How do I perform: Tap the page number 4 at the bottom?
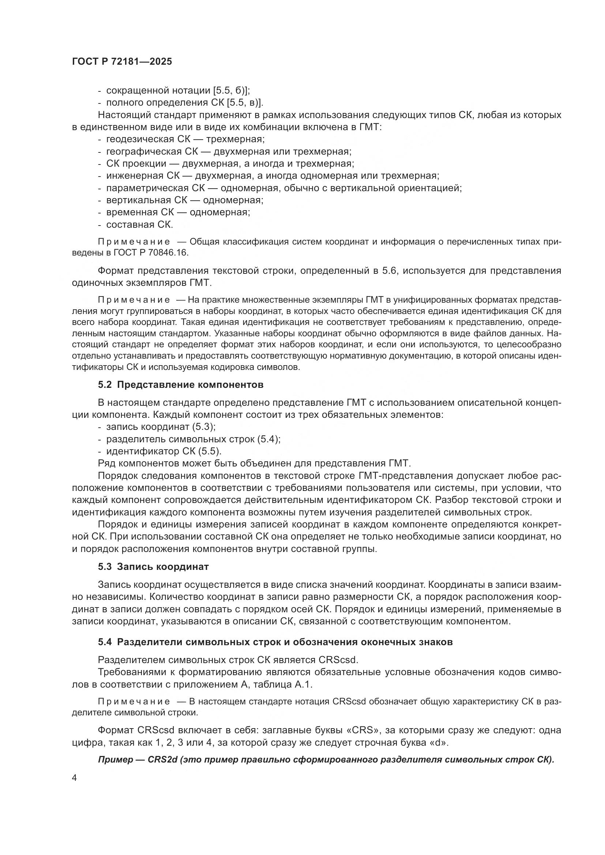point(75,778)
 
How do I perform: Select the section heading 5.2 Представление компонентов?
point(181,385)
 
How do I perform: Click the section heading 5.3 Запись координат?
point(153,567)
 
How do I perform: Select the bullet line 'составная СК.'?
point(139,224)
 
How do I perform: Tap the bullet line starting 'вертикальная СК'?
point(184,200)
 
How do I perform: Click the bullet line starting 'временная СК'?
point(178,212)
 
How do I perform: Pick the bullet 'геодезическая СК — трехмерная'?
point(185,139)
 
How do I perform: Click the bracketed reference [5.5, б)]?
point(231,91)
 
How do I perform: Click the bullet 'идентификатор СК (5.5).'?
point(164,451)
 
